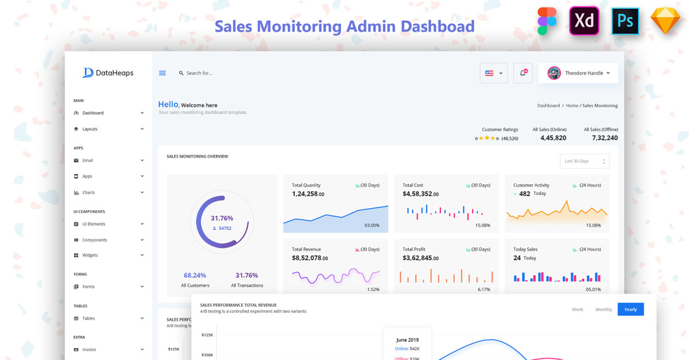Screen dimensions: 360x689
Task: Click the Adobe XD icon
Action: click(x=585, y=21)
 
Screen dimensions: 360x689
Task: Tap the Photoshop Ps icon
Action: click(x=625, y=21)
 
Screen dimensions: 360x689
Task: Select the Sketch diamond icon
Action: click(x=665, y=21)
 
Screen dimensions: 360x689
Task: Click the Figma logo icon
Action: click(x=547, y=21)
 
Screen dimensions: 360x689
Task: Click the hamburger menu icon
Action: click(x=162, y=73)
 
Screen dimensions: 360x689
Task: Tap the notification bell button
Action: click(x=523, y=73)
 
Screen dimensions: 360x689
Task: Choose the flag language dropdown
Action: click(x=494, y=73)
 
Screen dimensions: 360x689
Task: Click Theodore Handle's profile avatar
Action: click(x=554, y=73)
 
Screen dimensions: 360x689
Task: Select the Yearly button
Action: click(x=630, y=309)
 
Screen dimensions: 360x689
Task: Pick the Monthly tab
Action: click(x=603, y=309)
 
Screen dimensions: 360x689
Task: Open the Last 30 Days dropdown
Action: click(x=585, y=161)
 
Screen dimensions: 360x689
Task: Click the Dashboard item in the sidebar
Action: click(x=93, y=113)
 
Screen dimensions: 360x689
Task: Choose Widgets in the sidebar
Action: click(x=90, y=255)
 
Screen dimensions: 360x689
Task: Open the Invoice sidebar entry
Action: click(x=89, y=350)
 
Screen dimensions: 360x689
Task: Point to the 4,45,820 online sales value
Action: click(x=553, y=138)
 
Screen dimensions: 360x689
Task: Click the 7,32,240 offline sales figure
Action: click(x=605, y=138)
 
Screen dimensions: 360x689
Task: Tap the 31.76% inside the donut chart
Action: click(x=222, y=218)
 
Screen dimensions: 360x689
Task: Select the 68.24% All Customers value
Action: click(x=195, y=276)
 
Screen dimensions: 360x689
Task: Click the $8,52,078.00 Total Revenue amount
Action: click(x=309, y=258)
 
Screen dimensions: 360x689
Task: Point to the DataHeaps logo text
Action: click(x=115, y=73)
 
